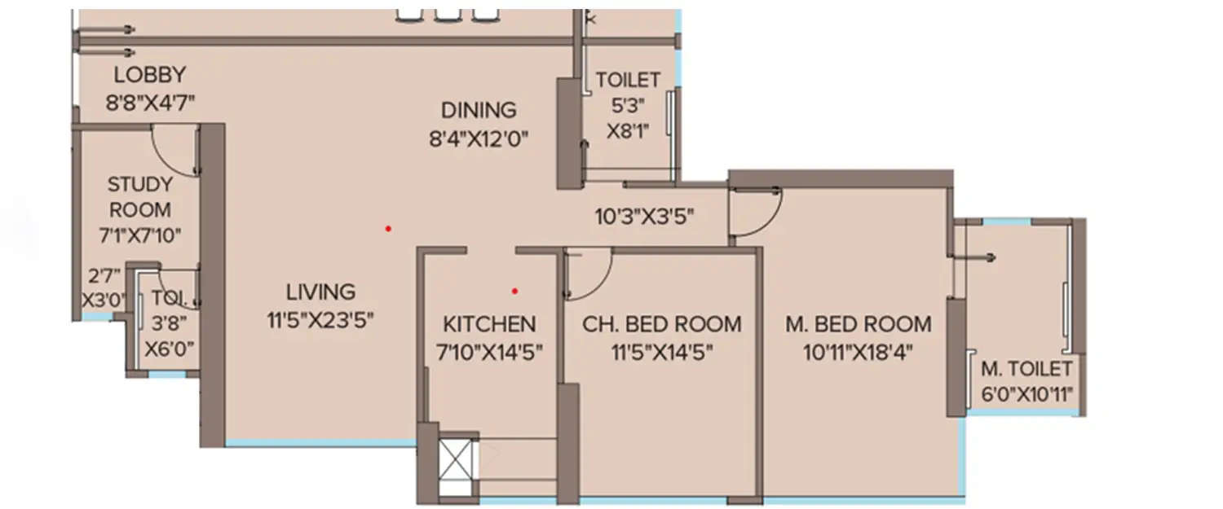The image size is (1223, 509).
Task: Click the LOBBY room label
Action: pos(149,75)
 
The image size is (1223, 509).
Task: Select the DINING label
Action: pos(479,110)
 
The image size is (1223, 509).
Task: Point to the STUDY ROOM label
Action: pos(139,197)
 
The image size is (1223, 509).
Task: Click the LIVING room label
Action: pos(320,292)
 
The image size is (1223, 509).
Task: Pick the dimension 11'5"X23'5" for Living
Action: pos(320,319)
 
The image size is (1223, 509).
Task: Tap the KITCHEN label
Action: pos(489,324)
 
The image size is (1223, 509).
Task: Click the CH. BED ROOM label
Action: pos(661,324)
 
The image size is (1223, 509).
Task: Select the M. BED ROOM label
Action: pos(858,324)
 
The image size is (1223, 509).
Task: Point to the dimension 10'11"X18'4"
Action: pos(858,352)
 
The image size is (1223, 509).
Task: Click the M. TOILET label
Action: pos(1026,367)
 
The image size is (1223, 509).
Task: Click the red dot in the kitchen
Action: pos(514,290)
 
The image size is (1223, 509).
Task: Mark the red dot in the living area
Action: pos(388,229)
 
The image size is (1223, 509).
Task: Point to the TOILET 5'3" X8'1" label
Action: pos(627,105)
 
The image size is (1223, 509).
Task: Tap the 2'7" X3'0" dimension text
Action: pos(102,287)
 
